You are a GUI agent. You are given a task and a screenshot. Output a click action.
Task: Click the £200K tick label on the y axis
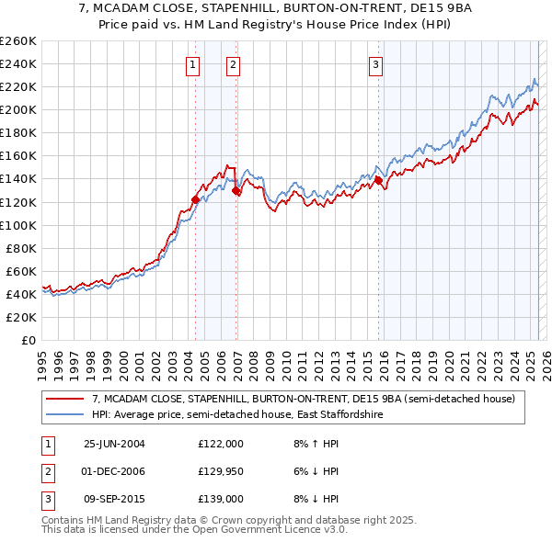pos(18,109)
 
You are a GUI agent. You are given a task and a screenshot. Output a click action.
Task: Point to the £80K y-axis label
pos(21,248)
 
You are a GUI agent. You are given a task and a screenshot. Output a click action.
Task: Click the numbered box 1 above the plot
pos(193,64)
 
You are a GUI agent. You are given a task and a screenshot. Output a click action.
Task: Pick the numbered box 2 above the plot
pos(234,64)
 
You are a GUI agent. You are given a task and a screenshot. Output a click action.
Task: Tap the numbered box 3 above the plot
pos(376,64)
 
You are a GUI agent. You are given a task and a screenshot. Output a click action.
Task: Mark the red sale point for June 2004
pos(195,199)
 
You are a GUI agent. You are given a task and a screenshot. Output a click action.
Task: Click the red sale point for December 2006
pos(236,190)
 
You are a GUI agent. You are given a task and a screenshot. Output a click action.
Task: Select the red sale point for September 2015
pos(378,180)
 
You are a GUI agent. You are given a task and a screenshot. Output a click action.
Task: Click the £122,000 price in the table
pos(221,444)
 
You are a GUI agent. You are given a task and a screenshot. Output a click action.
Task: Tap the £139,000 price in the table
pos(221,499)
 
